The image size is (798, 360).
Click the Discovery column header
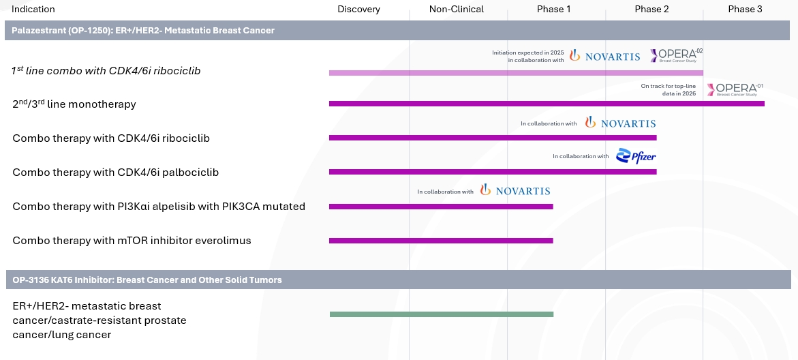click(358, 10)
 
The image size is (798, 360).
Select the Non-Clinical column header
click(456, 10)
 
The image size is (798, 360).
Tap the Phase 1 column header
click(554, 10)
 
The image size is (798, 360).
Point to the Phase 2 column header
click(651, 10)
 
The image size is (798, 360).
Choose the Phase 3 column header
click(745, 10)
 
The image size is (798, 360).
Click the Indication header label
click(33, 10)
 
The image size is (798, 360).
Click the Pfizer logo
click(636, 156)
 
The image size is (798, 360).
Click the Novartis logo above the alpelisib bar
click(515, 191)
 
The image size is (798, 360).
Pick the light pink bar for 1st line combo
click(515, 72)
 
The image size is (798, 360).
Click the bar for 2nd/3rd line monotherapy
click(546, 104)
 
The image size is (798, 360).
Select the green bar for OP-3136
click(441, 314)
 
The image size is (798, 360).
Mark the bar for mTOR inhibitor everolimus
click(440, 240)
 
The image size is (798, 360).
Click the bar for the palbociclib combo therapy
click(492, 172)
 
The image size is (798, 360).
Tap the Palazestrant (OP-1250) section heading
click(143, 31)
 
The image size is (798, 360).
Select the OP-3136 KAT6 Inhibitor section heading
click(147, 280)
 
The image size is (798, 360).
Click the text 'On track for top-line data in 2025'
click(669, 89)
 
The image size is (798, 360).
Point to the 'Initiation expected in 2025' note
click(528, 56)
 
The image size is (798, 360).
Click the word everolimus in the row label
click(224, 241)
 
